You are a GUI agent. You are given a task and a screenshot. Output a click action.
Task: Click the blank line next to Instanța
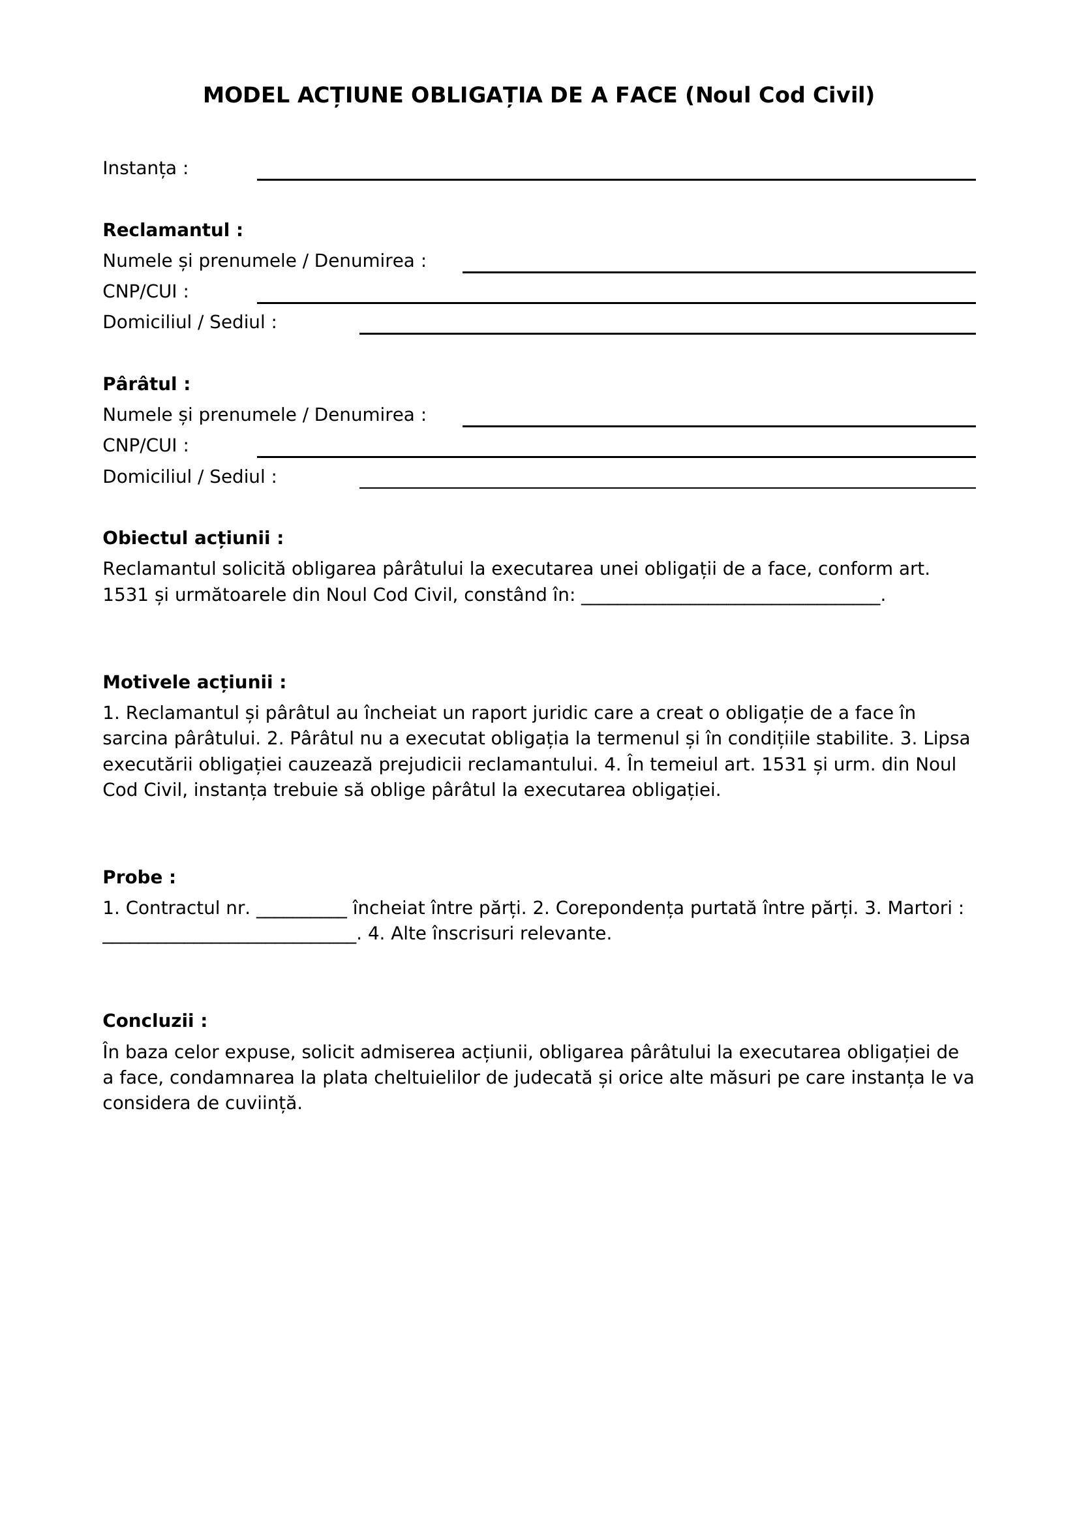click(x=615, y=174)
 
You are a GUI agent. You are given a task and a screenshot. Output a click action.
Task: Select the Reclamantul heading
click(x=172, y=230)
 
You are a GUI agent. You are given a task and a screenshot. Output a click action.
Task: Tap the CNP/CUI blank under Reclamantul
click(x=615, y=297)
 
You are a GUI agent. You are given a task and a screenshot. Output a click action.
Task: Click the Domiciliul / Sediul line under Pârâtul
click(x=667, y=482)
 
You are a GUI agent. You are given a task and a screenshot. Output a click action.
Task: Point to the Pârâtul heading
click(x=146, y=384)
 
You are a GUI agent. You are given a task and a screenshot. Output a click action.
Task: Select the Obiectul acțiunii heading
click(x=192, y=538)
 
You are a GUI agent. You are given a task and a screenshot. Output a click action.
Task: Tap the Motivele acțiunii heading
click(x=194, y=682)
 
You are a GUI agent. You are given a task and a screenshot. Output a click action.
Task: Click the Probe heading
click(x=139, y=877)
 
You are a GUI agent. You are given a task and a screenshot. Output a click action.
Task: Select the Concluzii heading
click(x=154, y=1021)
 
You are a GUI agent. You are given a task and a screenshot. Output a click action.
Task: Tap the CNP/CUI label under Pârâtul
click(x=145, y=446)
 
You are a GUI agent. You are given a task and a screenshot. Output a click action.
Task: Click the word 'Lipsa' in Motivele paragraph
click(x=946, y=739)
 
